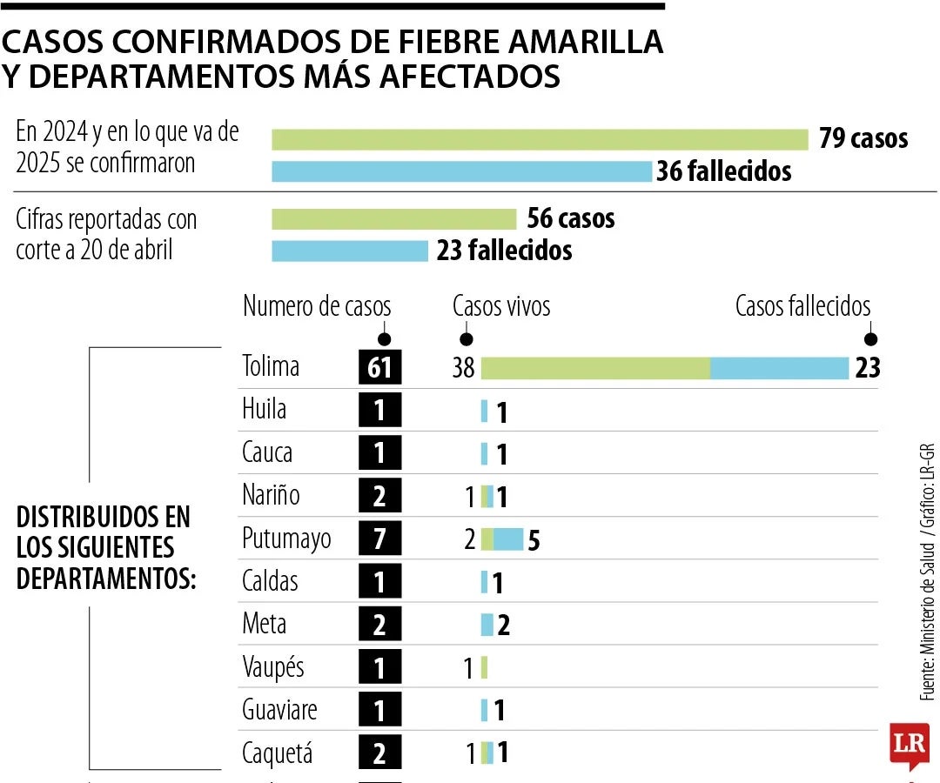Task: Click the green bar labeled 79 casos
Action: click(540, 139)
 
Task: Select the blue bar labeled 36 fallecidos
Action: click(461, 171)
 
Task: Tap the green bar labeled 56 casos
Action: click(393, 218)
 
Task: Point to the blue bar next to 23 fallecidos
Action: click(350, 251)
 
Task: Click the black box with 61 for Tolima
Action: click(380, 368)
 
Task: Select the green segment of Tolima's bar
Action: click(595, 368)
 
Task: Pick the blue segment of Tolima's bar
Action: click(779, 368)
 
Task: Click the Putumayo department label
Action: click(286, 539)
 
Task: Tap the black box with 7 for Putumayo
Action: click(380, 539)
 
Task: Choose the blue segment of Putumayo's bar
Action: click(508, 539)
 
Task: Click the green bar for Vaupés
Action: click(484, 668)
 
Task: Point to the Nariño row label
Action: click(271, 496)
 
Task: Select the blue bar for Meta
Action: click(487, 625)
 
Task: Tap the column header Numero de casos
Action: click(317, 306)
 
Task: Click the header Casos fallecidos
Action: click(802, 306)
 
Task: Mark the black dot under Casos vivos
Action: click(466, 339)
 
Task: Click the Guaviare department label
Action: click(279, 710)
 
